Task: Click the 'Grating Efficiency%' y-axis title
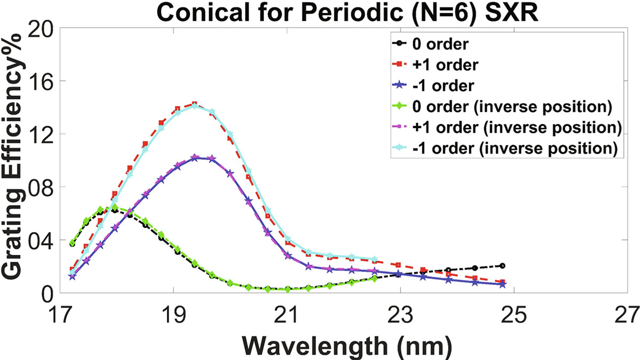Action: [x=14, y=160]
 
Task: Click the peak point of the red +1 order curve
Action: [x=195, y=104]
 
